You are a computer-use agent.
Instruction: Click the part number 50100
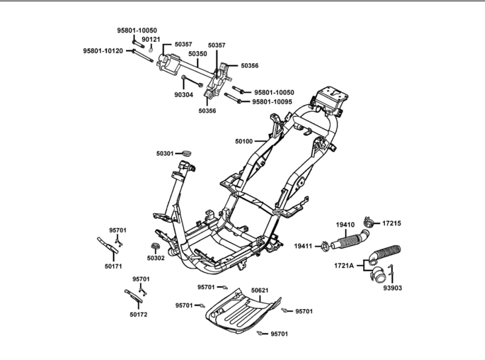[244, 141]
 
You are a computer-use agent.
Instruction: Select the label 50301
[164, 154]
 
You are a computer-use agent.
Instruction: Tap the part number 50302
[155, 258]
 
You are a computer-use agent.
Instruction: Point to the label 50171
[113, 265]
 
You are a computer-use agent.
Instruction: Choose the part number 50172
[138, 314]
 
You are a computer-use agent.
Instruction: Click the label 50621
[260, 291]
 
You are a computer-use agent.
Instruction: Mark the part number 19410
[346, 225]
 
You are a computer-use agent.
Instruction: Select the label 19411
[304, 245]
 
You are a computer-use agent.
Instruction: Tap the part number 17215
[391, 224]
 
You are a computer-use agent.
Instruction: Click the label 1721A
[344, 265]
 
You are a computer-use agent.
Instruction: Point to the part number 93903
[391, 288]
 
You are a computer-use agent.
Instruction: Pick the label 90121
[151, 39]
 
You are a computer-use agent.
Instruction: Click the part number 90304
[184, 95]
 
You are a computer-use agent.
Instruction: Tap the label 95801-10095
[272, 102]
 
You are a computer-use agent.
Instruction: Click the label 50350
[198, 54]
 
